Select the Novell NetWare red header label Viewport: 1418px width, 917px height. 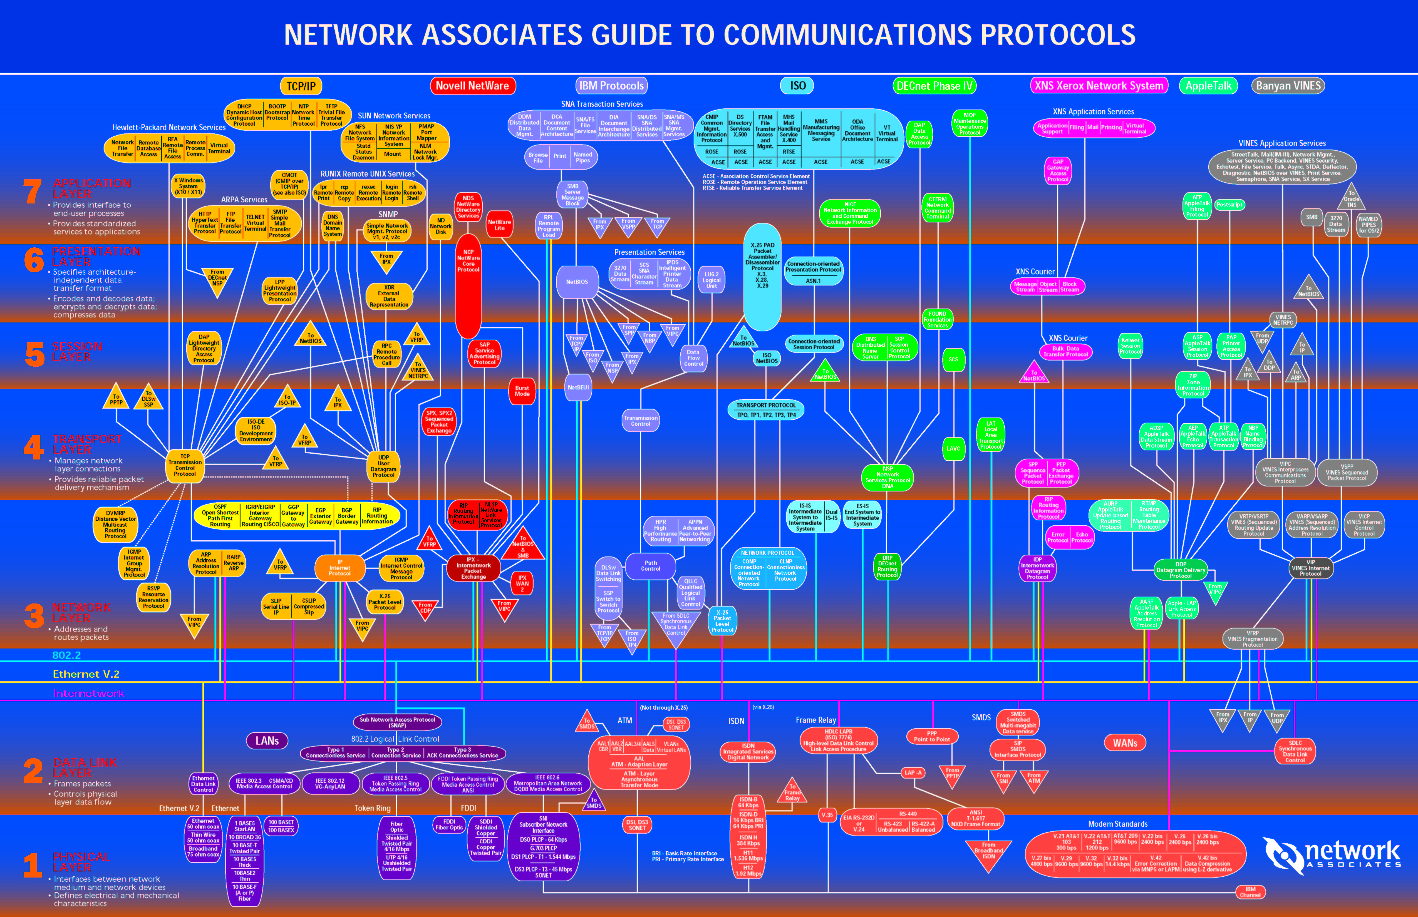[472, 86]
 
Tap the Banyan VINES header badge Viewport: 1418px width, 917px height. [1288, 86]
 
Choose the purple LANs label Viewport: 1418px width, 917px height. [267, 741]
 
